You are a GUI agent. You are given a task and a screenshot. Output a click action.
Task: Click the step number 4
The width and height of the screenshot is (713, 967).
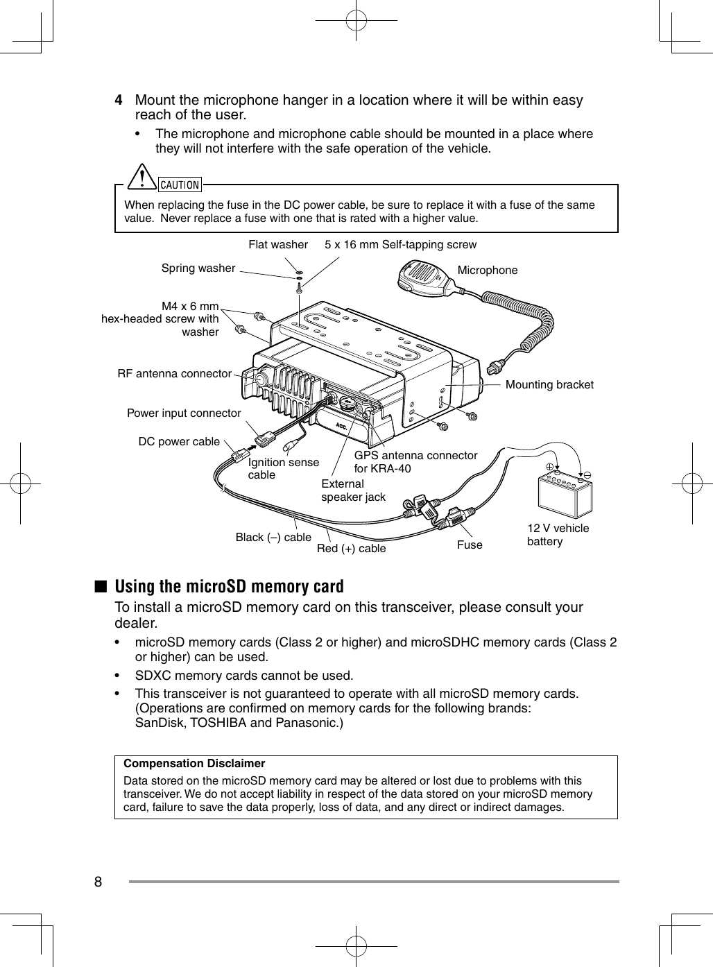click(119, 101)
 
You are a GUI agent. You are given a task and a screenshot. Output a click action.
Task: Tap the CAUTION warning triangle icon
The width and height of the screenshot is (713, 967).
click(144, 178)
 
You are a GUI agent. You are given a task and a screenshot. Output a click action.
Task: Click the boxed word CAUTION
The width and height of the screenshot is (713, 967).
click(180, 185)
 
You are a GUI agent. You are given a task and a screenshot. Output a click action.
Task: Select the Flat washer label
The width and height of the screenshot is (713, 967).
click(277, 244)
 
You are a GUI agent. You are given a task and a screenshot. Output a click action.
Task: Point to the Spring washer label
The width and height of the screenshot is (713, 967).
click(198, 268)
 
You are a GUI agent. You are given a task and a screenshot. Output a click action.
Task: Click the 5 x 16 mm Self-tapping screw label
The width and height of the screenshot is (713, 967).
click(400, 244)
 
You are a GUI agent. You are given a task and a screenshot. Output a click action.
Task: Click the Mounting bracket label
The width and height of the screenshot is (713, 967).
click(549, 384)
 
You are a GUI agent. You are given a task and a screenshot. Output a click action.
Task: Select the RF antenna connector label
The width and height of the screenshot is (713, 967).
click(174, 373)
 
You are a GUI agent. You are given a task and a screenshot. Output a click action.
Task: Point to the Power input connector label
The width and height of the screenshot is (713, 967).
click(184, 413)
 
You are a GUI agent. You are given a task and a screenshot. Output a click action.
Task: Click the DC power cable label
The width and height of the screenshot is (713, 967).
click(179, 441)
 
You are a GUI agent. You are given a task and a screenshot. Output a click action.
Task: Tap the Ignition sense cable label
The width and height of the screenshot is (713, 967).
click(283, 468)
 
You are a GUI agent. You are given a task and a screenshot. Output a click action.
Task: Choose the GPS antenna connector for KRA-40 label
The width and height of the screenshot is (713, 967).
click(415, 461)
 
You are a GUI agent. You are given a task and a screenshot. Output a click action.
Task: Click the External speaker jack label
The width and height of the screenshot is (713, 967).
click(352, 490)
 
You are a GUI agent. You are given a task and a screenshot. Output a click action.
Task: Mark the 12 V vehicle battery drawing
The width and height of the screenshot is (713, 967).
click(565, 493)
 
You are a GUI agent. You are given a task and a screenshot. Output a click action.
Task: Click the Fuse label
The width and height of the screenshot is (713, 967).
click(470, 545)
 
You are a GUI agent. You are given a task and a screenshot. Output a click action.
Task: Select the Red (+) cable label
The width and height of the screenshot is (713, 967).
click(351, 548)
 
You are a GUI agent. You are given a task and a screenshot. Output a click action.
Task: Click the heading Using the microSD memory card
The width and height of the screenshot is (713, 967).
click(229, 586)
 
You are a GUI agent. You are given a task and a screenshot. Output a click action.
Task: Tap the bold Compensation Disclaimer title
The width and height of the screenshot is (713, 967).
click(194, 763)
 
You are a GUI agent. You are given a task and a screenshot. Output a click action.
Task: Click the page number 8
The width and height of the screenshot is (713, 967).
click(98, 882)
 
